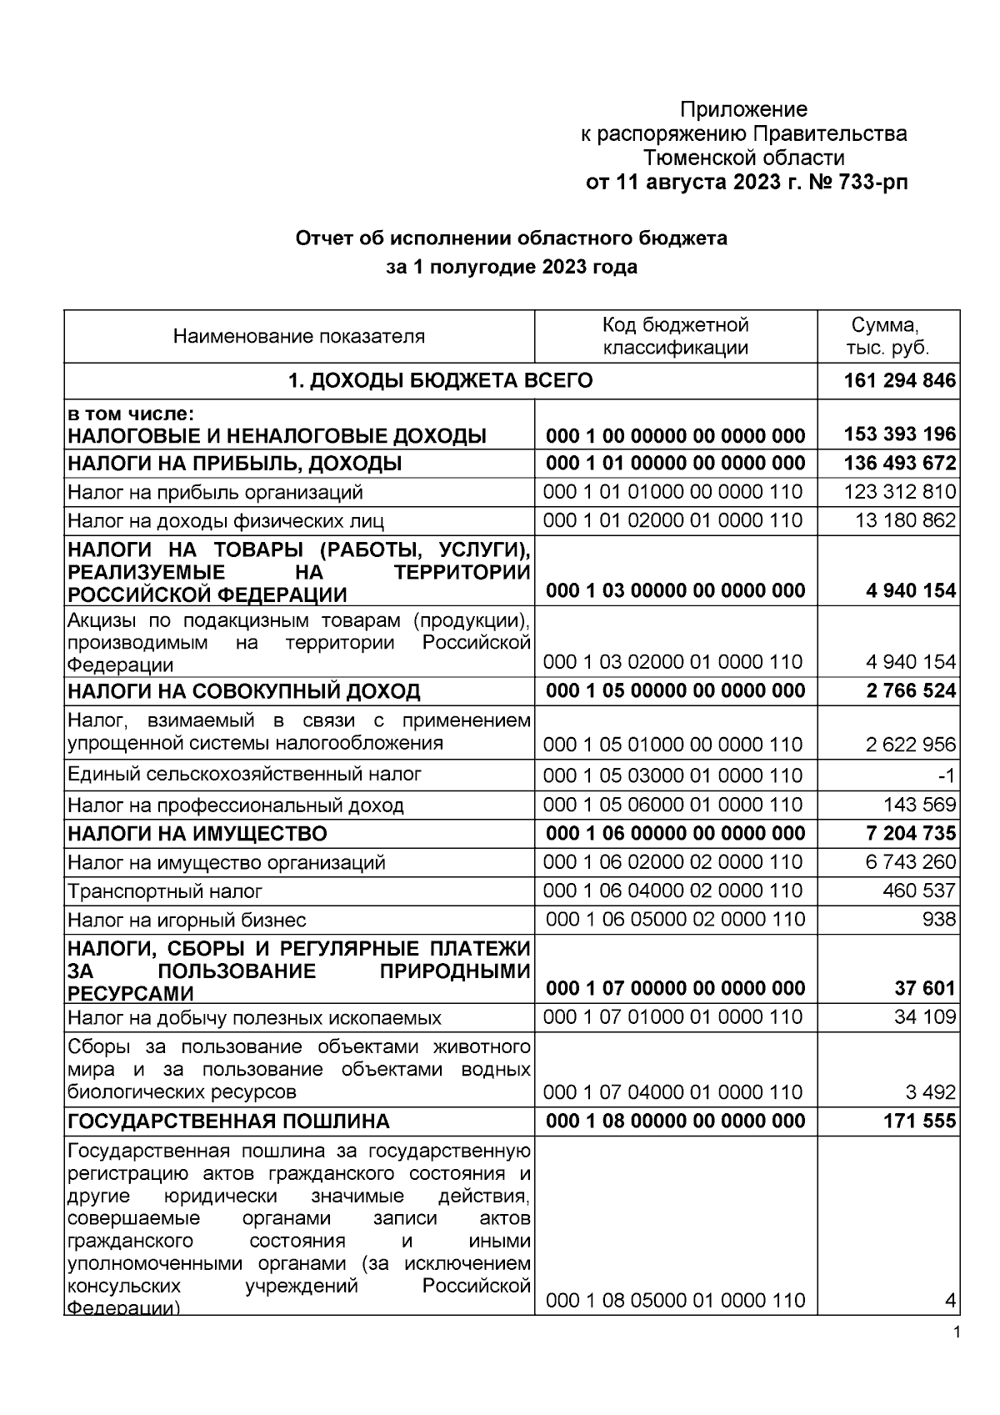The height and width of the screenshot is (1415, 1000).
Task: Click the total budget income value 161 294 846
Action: (x=899, y=381)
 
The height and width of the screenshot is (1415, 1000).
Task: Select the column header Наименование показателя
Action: (x=299, y=337)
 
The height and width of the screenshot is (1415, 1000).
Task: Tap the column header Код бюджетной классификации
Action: (x=675, y=336)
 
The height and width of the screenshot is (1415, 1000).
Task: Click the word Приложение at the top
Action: (x=743, y=109)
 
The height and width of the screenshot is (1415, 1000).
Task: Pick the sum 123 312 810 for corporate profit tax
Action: (x=899, y=492)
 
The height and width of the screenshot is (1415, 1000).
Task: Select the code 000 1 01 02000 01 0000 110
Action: (x=673, y=520)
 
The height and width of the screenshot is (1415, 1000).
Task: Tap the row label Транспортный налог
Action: (x=165, y=891)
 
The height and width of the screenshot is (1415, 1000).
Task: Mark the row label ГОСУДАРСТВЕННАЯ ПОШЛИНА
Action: (x=228, y=1121)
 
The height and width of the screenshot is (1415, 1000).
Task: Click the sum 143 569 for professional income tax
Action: (x=919, y=805)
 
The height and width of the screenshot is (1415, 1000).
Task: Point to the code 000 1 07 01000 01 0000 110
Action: (x=673, y=1017)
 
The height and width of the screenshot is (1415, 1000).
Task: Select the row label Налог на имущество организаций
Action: (x=227, y=862)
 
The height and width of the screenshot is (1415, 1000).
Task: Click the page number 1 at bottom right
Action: (x=956, y=1332)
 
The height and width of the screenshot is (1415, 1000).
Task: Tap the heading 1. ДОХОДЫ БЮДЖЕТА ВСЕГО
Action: (x=440, y=381)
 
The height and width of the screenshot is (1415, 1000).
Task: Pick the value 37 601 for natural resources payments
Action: (x=925, y=988)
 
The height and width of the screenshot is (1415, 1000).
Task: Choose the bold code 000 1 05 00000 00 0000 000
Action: (x=675, y=690)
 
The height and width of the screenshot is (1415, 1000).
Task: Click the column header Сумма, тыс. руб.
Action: (x=889, y=336)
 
